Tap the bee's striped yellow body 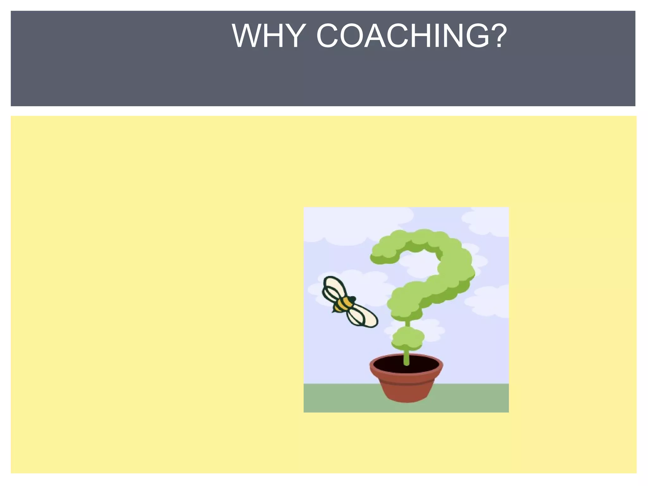coord(343,304)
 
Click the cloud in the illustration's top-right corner coord(487,221)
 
